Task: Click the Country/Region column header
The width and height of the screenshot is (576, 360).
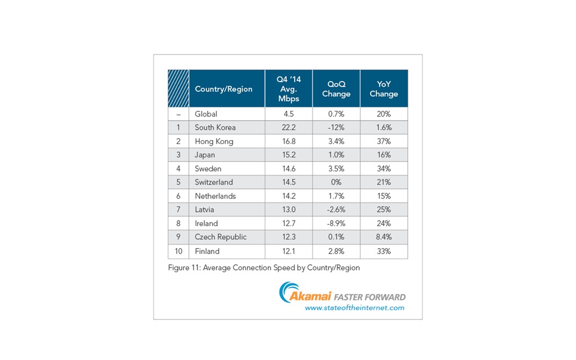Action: (x=223, y=89)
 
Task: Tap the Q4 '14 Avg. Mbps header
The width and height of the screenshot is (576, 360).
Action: (x=289, y=88)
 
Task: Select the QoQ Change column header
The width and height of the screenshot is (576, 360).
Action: (x=336, y=89)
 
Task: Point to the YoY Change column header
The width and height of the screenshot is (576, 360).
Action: (x=384, y=89)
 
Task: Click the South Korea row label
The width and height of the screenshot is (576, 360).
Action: (x=215, y=128)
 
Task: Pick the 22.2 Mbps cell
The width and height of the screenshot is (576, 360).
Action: (x=289, y=128)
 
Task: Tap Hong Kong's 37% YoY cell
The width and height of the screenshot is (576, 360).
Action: (x=384, y=141)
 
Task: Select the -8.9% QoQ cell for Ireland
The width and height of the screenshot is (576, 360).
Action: (x=336, y=223)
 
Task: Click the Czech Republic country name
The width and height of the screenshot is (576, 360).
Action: (x=220, y=237)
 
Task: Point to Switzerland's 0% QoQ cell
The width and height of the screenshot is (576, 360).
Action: (x=336, y=182)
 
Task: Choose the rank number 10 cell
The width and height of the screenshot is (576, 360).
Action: (x=178, y=251)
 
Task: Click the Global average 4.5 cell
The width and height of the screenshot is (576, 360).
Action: (x=289, y=114)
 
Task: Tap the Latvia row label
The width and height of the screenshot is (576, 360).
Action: (x=205, y=210)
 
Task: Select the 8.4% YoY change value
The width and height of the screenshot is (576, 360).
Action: (x=384, y=237)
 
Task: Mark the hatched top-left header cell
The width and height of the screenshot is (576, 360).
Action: (x=178, y=88)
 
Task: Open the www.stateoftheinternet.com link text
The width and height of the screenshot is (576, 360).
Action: (x=354, y=308)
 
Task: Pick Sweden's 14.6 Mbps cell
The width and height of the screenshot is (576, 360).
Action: (x=289, y=169)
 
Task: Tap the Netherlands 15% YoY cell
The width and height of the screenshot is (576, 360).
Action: (x=384, y=196)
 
